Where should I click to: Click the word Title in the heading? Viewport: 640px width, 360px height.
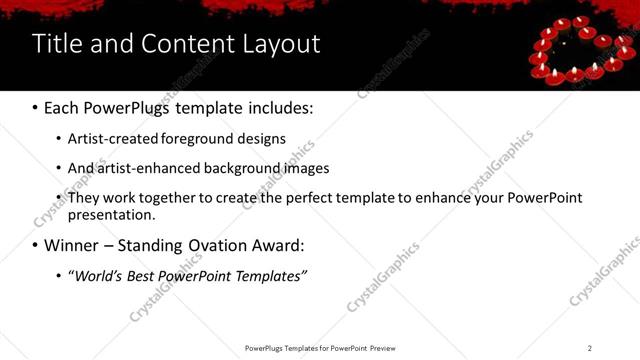click(56, 44)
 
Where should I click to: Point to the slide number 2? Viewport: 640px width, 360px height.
click(590, 348)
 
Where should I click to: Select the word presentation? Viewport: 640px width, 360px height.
click(111, 214)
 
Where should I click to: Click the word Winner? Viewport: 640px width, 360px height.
click(71, 245)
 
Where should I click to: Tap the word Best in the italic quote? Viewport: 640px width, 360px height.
click(143, 275)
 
